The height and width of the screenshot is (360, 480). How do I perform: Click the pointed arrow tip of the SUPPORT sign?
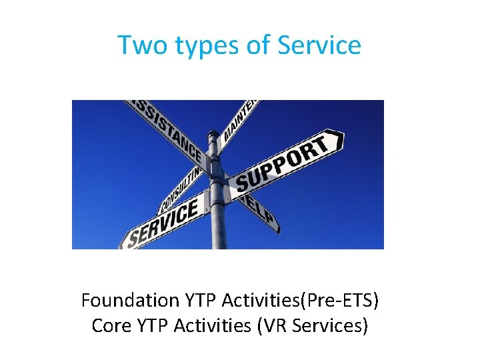tap(340, 139)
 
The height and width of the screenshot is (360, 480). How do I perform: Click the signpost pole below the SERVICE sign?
tap(219, 237)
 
